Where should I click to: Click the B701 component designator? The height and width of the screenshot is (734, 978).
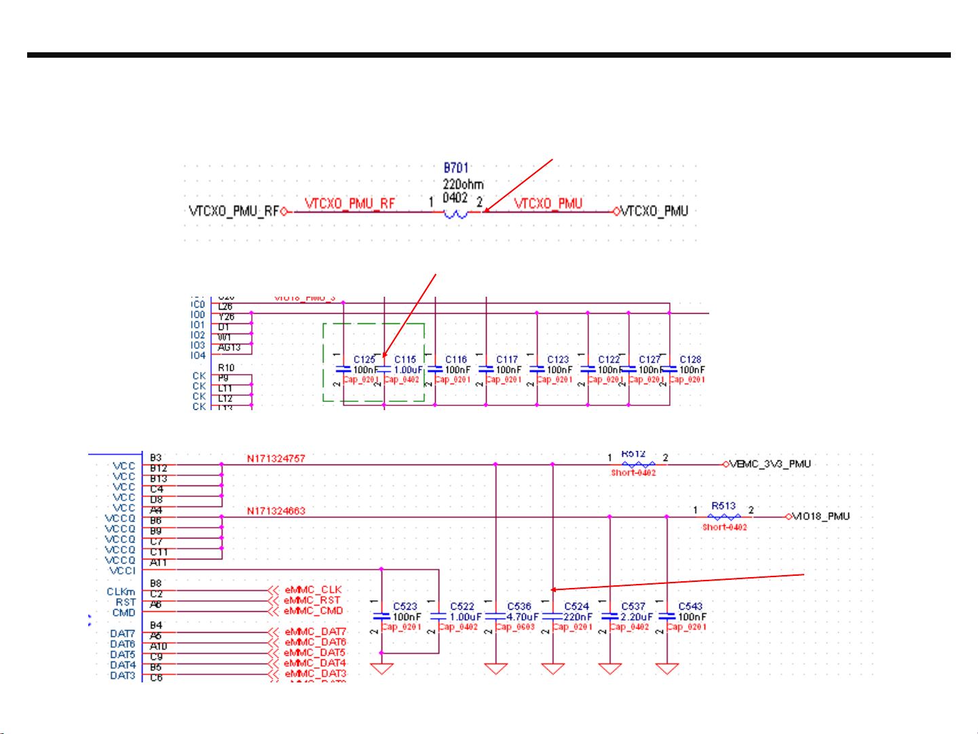[456, 168]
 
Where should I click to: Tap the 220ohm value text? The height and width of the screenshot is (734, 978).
[463, 184]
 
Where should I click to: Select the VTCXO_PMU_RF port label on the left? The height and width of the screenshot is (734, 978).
[233, 211]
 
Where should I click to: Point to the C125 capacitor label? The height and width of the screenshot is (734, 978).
[364, 360]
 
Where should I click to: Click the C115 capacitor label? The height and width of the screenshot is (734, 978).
[405, 360]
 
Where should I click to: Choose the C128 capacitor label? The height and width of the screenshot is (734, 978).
[690, 360]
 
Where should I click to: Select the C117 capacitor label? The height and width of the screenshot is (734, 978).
[507, 360]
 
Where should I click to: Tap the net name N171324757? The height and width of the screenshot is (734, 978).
[276, 459]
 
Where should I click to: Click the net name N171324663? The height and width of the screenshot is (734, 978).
[276, 511]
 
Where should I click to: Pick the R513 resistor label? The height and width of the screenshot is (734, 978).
[723, 506]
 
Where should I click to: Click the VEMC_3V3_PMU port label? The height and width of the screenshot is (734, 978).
[770, 464]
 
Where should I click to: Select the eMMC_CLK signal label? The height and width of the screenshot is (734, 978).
[313, 590]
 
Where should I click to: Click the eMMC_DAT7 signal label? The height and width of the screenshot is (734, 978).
[316, 632]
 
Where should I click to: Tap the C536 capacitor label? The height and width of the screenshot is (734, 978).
[519, 607]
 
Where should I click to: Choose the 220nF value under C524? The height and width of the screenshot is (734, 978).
[578, 617]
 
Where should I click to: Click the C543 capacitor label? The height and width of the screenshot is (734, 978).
[690, 607]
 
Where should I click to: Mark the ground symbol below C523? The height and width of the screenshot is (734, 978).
[382, 669]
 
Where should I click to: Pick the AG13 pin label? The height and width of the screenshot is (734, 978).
[229, 348]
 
